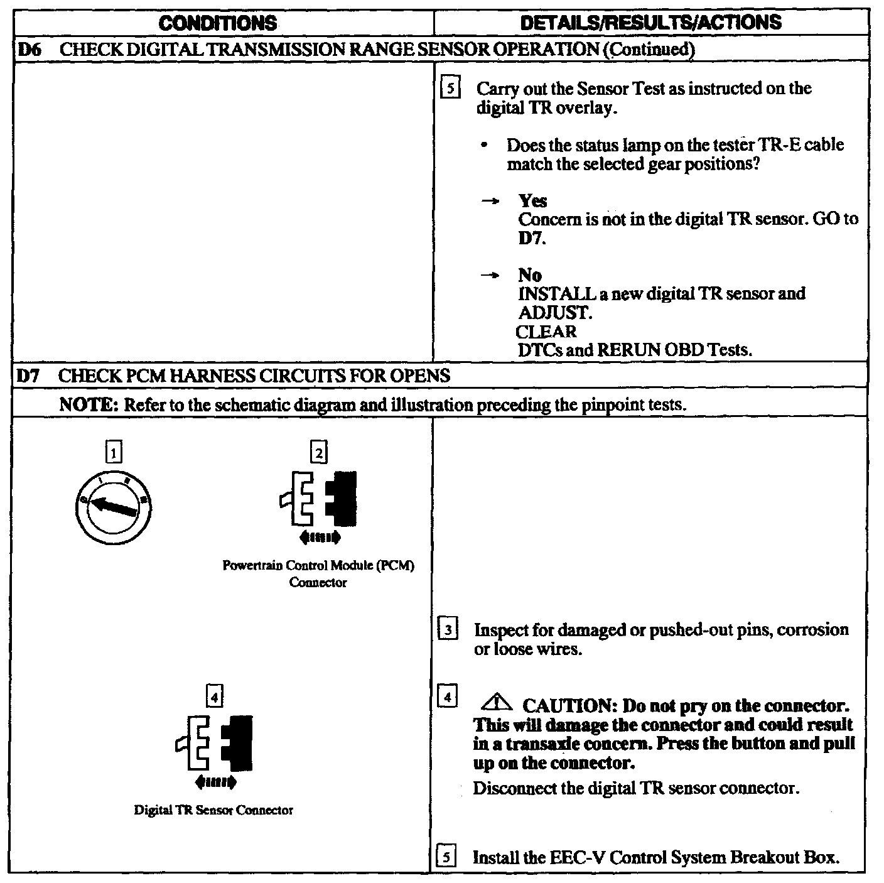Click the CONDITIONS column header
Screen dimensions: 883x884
pos(217,23)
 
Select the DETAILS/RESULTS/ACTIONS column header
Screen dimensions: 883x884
pos(651,23)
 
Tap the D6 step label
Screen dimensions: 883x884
pos(30,50)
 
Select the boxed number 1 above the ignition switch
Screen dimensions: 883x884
pos(114,452)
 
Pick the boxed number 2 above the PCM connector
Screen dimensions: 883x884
pos(319,452)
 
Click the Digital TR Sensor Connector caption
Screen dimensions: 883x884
pos(213,810)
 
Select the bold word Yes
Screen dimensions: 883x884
pos(532,201)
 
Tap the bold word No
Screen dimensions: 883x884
pos(530,275)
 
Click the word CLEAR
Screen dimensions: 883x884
pos(546,331)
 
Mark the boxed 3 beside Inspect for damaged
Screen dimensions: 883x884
pos(447,630)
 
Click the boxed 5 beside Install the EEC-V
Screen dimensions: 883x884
pos(446,857)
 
